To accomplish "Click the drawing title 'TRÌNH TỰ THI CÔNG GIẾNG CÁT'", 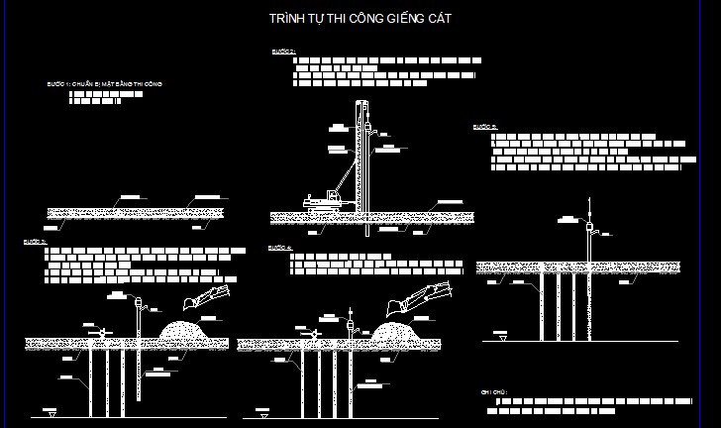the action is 361,19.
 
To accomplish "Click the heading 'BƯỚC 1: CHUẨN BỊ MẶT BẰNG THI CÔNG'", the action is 111,85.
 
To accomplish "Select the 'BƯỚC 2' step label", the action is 282,52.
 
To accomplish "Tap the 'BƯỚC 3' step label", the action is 35,241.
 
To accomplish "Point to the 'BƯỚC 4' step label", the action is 279,247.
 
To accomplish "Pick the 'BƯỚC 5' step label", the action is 484,127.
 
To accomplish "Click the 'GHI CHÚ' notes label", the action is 494,392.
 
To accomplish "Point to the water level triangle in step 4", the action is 261,408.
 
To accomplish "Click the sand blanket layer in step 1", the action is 136,213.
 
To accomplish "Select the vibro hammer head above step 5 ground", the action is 589,227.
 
